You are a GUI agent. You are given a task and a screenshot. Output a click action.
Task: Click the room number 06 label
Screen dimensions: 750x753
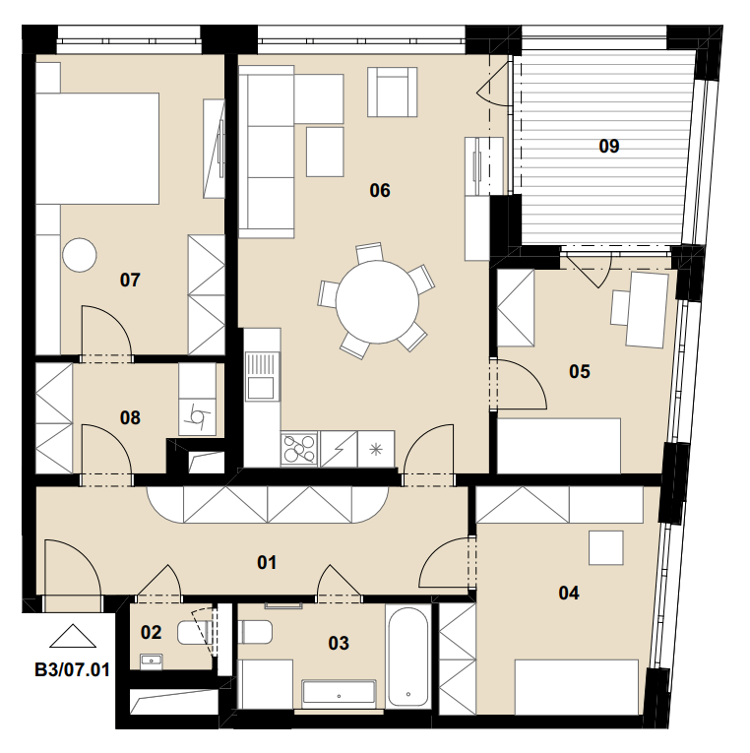[380, 191]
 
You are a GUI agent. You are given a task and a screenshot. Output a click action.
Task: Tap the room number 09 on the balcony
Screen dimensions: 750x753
[609, 146]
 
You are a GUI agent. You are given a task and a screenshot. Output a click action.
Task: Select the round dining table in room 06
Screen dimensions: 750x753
[377, 302]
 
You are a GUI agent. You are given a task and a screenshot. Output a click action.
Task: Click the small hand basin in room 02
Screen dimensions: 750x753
[152, 661]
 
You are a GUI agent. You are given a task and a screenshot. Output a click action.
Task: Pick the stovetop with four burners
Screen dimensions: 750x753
[299, 449]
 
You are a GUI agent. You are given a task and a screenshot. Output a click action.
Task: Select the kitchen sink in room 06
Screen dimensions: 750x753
[262, 376]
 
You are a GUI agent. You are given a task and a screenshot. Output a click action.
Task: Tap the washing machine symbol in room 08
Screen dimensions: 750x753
[198, 417]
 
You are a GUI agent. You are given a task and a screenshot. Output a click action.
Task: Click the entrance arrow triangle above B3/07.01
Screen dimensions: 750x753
[73, 636]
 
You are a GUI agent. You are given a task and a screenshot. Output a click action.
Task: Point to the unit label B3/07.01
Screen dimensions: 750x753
[72, 669]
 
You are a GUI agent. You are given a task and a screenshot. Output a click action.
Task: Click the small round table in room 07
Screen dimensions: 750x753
[79, 255]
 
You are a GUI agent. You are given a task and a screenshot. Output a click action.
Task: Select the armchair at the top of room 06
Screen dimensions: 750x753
[393, 92]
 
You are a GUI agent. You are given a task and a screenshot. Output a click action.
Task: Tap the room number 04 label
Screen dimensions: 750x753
[569, 594]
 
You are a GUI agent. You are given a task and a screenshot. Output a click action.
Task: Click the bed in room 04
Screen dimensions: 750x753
[577, 687]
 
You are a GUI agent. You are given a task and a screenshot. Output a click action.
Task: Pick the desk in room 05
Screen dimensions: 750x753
[647, 310]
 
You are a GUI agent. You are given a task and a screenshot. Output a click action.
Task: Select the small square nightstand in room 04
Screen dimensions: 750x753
[606, 547]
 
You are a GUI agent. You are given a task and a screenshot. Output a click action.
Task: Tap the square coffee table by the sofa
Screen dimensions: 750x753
[325, 152]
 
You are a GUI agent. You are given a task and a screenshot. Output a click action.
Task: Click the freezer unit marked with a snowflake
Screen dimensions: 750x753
[376, 449]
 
